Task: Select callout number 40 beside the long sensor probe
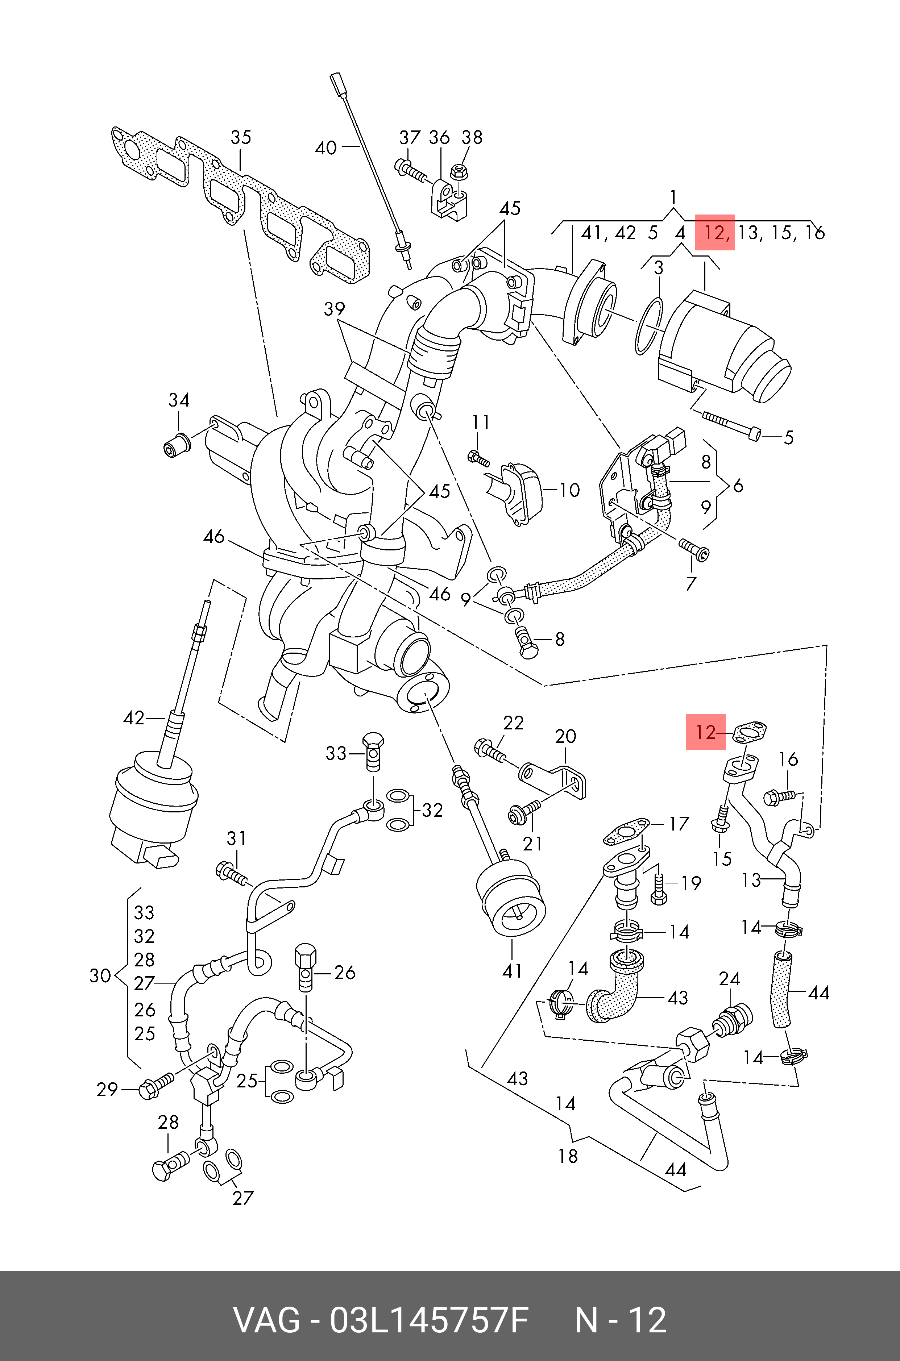(x=326, y=148)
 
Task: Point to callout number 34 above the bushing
(x=178, y=400)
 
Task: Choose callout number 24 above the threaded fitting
(x=730, y=979)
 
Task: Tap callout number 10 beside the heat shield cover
(x=569, y=490)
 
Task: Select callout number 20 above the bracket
(x=565, y=736)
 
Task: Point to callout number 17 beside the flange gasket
(x=679, y=824)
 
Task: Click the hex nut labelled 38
(x=459, y=170)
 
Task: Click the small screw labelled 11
(x=479, y=458)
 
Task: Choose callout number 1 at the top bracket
(x=673, y=198)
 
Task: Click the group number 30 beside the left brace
(x=100, y=975)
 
